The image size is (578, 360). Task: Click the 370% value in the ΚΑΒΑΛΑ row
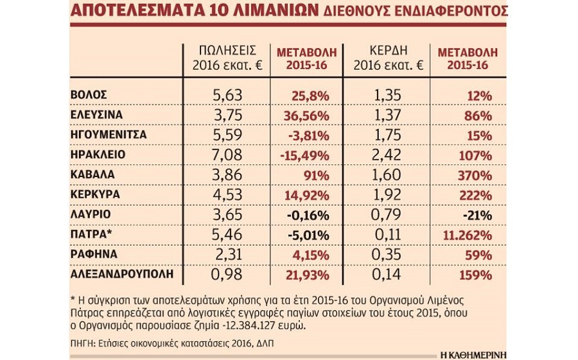pyautogui.click(x=477, y=175)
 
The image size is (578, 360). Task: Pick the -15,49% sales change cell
pyautogui.click(x=305, y=155)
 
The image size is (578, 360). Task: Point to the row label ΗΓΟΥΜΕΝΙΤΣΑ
pyautogui.click(x=109, y=135)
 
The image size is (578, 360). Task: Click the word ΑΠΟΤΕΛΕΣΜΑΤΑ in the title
pyautogui.click(x=132, y=11)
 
